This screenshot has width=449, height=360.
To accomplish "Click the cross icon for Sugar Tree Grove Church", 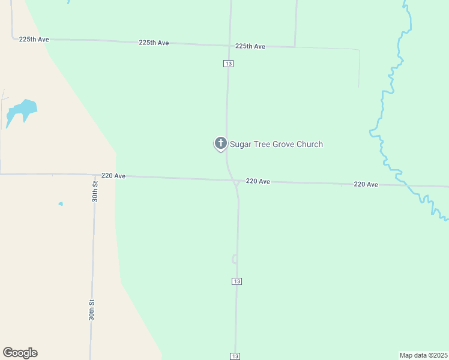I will (x=220, y=143).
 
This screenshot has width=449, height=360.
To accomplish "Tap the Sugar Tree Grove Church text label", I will (x=276, y=144).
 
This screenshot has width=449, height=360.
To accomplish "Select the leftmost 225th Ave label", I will (x=34, y=39).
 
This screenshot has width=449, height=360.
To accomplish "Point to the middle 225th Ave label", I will (x=154, y=43).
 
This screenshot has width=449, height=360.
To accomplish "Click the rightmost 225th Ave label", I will (x=250, y=46).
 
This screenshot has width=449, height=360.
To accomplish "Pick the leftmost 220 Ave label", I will (x=113, y=176).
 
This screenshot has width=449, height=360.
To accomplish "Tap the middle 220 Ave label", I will (x=258, y=181).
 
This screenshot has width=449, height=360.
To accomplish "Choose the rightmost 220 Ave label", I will (x=366, y=184).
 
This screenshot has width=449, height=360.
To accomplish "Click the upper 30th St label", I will (x=95, y=191).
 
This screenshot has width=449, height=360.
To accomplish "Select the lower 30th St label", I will (x=92, y=310).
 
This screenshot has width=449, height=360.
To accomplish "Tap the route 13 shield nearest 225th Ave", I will (x=228, y=63).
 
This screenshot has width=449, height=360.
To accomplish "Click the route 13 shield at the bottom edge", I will (x=235, y=356).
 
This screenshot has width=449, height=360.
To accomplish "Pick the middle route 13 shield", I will (x=237, y=281).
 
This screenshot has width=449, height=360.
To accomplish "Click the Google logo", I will (x=20, y=353).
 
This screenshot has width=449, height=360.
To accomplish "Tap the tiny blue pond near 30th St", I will (x=61, y=204).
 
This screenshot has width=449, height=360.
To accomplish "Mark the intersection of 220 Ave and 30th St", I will (x=95, y=175).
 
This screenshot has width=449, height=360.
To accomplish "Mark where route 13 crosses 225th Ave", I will (x=229, y=45).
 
